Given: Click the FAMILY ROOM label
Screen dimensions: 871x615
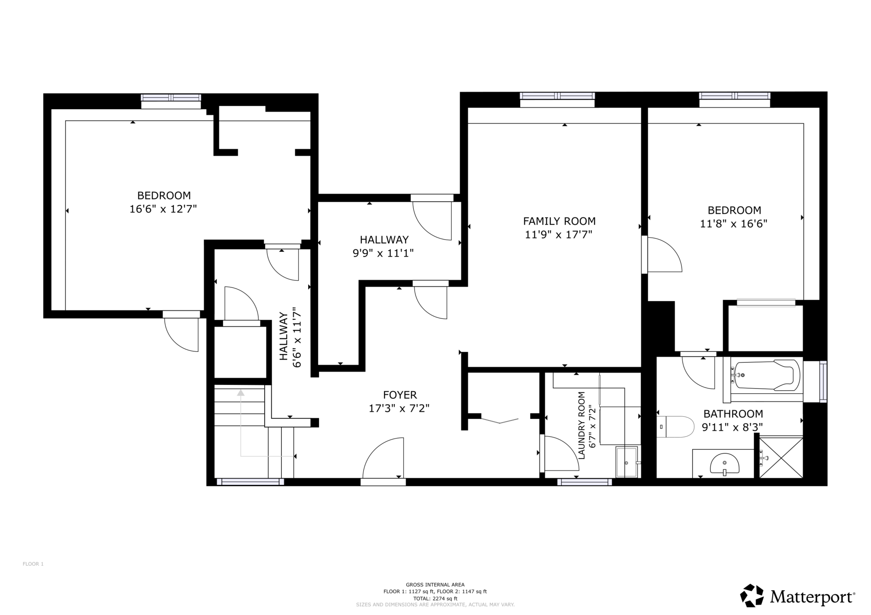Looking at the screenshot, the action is (559, 221).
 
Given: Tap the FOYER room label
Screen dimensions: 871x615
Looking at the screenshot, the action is (400, 395).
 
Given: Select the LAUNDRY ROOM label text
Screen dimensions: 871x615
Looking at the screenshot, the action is (581, 425).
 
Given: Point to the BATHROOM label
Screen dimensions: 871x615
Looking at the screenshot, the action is (733, 414).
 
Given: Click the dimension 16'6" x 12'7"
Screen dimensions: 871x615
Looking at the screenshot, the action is (163, 209).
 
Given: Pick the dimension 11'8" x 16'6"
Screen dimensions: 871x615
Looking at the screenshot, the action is (734, 224).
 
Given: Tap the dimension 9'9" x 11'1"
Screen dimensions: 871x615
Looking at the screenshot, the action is (383, 253).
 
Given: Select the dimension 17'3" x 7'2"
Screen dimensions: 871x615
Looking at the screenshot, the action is (399, 408).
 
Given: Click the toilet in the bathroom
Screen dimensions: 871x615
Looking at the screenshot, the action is (675, 427).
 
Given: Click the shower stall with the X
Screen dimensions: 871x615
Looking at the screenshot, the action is (781, 458).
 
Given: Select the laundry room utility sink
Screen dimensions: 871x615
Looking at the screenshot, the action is (627, 461).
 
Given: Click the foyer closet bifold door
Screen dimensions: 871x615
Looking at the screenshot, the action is (500, 420).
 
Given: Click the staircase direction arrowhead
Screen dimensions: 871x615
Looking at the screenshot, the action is (241, 392).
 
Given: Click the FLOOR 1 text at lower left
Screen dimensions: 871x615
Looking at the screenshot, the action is (33, 564).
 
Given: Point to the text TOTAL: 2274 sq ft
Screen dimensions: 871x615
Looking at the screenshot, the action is (435, 599).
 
